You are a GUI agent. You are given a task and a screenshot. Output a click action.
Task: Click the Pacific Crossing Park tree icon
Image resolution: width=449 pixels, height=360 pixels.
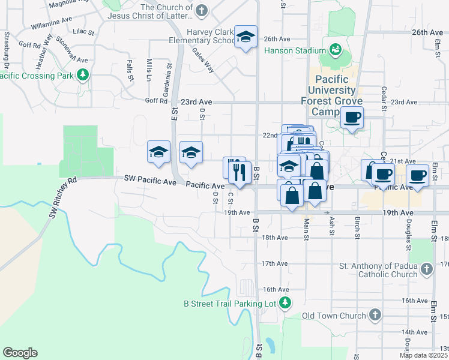pos(83,75)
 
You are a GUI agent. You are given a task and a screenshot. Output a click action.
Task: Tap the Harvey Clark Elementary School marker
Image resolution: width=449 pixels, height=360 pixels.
pos(246,37)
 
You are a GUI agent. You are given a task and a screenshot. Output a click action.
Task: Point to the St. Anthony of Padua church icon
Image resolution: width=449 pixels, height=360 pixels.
pos(426,270)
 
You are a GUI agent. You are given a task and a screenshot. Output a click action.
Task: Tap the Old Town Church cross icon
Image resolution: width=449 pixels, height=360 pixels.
pos(375,315)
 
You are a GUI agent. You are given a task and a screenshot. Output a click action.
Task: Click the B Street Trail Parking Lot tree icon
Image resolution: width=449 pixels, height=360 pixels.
pos(286,303)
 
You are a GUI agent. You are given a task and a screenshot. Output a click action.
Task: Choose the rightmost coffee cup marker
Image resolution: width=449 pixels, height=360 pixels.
pos(418,175)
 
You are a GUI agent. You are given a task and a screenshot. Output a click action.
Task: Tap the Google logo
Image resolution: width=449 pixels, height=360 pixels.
pos(20,353)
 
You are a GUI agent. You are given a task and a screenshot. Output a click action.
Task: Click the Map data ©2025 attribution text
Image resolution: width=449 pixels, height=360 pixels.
pos(424,355)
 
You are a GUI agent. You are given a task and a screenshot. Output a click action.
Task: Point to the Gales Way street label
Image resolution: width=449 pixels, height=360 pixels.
pos(204,61)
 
